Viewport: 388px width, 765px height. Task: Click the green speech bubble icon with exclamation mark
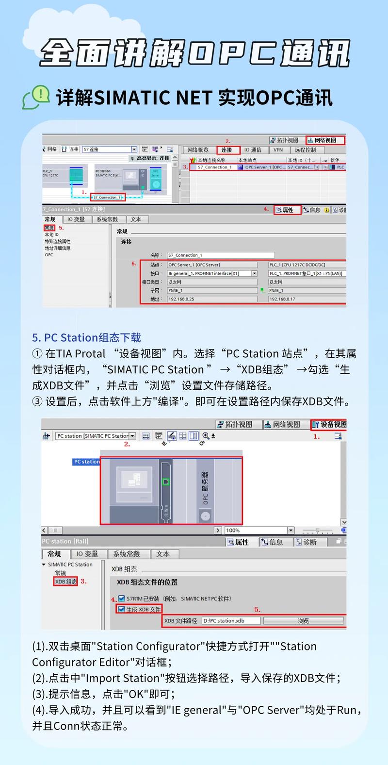[36, 96]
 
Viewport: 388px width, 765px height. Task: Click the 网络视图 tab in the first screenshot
[325, 140]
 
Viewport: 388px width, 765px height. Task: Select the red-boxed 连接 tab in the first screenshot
[227, 150]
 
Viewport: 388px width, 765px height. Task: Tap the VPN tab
[278, 150]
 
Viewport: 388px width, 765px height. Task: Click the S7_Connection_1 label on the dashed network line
[107, 198]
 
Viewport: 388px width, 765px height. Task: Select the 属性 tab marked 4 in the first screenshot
[287, 210]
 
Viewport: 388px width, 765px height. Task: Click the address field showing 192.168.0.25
[212, 299]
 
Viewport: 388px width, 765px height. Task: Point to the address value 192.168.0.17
[306, 299]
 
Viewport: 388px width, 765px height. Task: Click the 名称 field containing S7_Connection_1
[221, 255]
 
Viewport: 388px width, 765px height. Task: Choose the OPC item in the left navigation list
[49, 255]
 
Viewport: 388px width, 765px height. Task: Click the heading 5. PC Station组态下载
[86, 338]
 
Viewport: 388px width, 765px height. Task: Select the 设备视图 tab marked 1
[329, 424]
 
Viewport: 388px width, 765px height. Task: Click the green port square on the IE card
[165, 482]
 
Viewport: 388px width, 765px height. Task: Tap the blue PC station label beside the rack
[86, 462]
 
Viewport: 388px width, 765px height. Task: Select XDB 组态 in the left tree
[66, 582]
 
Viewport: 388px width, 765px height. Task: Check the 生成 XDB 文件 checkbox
[122, 609]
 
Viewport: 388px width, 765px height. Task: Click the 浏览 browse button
[303, 621]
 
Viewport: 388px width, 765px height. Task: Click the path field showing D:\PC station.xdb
[231, 621]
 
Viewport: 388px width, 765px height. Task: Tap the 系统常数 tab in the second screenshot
[126, 554]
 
